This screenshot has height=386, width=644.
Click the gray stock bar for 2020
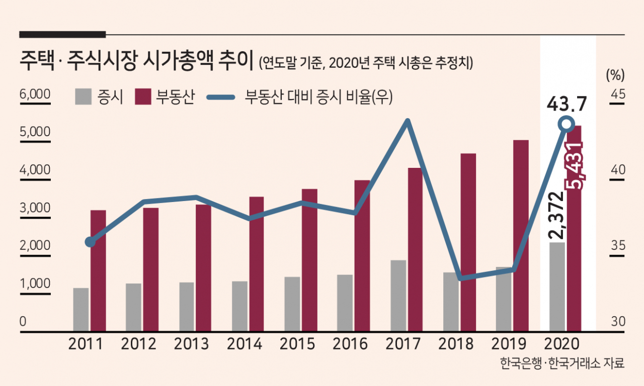point(556,286)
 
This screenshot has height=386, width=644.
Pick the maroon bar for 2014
point(257,263)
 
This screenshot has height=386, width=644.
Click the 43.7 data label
point(567,105)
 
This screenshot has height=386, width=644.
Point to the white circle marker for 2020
point(567,124)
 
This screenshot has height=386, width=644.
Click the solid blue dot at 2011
point(90,242)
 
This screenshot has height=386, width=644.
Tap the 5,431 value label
point(575,166)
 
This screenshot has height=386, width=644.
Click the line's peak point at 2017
point(408,121)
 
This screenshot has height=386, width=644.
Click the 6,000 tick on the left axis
point(35,94)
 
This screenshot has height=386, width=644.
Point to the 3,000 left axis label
point(35,208)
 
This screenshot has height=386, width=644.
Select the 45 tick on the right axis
point(618,94)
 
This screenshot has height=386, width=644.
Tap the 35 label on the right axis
point(618,246)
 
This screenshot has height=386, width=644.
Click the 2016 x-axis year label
point(350,344)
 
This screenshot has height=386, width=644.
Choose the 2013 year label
point(191,344)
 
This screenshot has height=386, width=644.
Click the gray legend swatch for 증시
point(84,96)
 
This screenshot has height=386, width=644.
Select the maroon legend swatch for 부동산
point(143,96)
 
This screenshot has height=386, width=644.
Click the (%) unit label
point(615,75)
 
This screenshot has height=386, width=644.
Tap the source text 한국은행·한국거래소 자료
point(562,363)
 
